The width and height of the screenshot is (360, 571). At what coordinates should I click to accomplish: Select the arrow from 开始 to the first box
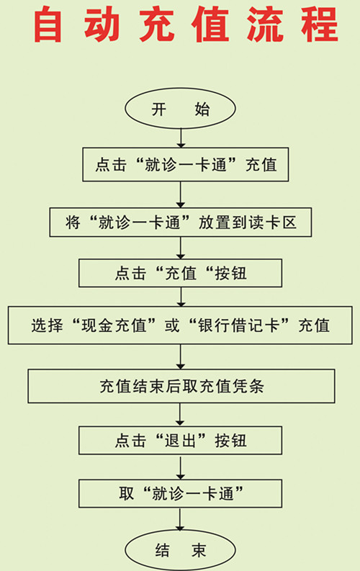click(x=181, y=138)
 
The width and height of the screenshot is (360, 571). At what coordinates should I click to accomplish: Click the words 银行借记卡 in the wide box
click(x=239, y=325)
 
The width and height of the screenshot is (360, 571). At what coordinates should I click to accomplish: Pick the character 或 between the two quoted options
click(x=172, y=325)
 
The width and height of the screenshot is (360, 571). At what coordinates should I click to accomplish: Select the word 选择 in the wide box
click(x=47, y=325)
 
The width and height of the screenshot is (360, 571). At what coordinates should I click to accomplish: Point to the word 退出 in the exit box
click(x=181, y=441)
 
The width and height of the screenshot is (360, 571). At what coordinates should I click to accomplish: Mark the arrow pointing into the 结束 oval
click(x=180, y=519)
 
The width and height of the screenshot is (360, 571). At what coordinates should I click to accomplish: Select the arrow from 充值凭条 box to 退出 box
click(x=180, y=415)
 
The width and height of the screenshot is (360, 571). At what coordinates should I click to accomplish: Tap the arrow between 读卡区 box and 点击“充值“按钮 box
click(x=181, y=248)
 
